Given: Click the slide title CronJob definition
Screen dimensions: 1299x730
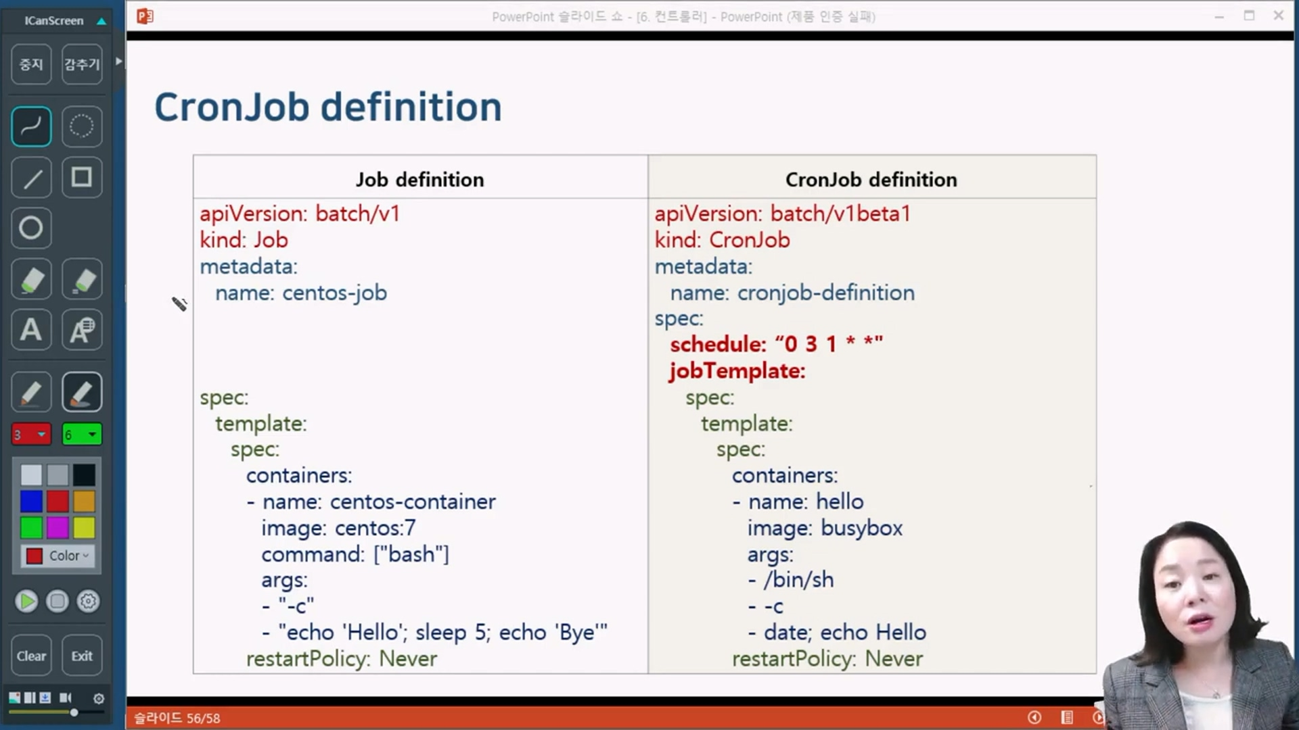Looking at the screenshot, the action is click(x=328, y=107).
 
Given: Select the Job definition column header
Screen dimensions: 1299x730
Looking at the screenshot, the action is click(x=420, y=180).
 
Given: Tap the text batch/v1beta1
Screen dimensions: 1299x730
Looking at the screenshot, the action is click(x=840, y=214).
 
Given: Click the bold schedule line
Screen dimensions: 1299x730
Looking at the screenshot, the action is click(x=776, y=344).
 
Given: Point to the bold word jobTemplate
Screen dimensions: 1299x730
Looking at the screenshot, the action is click(x=737, y=371).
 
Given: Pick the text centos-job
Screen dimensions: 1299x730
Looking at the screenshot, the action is click(x=335, y=293).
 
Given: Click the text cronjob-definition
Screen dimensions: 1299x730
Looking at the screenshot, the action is click(x=826, y=293).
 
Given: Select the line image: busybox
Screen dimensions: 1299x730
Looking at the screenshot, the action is click(x=825, y=528).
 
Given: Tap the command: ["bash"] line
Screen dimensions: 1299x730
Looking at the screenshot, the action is click(x=355, y=554).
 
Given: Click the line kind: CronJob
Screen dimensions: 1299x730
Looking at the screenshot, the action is click(x=722, y=240).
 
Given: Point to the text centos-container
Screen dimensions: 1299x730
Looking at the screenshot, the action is click(x=413, y=502).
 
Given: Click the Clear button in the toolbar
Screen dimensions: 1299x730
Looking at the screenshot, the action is click(x=31, y=656).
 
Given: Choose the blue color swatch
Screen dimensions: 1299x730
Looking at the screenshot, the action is click(x=31, y=502).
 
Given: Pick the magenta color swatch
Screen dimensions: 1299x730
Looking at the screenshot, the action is click(x=58, y=528).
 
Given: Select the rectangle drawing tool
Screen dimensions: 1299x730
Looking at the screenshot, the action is click(x=82, y=177).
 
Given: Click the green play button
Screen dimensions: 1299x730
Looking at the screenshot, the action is click(x=26, y=601).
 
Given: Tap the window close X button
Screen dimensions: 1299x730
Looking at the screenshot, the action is click(x=1278, y=15).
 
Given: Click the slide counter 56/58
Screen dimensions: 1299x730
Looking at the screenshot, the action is click(x=203, y=718).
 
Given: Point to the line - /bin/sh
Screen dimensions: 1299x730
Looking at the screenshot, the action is click(x=791, y=580).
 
